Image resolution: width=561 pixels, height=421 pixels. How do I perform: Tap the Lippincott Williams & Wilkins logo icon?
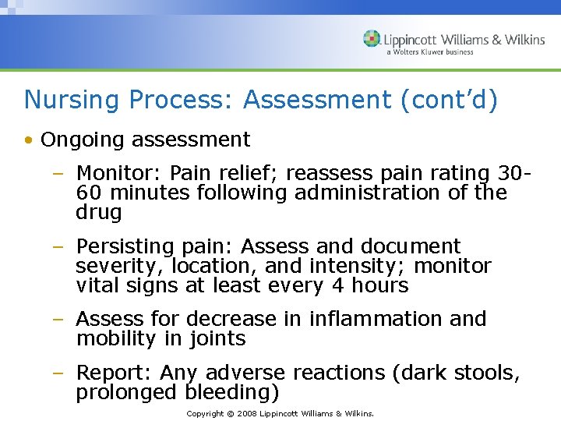point(372,39)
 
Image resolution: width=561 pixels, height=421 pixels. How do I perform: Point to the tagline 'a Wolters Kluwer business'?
point(429,52)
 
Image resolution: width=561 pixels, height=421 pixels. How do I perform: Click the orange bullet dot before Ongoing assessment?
point(28,140)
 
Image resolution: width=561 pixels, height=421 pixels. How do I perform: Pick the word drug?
point(99,212)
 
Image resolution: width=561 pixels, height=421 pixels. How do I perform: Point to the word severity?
point(108,266)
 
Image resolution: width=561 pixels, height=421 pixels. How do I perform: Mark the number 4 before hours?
point(337,285)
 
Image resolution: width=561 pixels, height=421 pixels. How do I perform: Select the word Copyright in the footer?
point(205,413)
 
